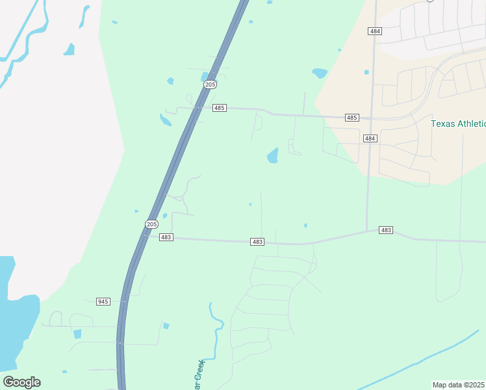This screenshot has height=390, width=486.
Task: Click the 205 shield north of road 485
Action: tap(210, 84)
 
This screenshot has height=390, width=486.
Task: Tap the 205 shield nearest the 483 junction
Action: tap(151, 224)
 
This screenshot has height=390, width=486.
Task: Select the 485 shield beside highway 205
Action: tap(220, 108)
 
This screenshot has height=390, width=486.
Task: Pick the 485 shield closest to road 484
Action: tap(352, 118)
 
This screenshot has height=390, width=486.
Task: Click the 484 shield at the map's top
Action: tap(374, 31)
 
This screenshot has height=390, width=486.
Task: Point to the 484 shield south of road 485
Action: tap(370, 138)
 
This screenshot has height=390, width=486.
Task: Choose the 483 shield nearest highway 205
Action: tap(166, 237)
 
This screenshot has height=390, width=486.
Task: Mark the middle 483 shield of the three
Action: tap(257, 242)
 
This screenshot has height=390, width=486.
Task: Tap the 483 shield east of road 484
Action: tap(386, 230)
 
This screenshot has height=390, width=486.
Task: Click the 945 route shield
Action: tap(103, 302)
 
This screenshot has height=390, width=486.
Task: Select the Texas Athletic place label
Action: tap(458, 123)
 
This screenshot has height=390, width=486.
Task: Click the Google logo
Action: tap(21, 382)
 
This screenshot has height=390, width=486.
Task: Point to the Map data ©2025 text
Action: tap(459, 385)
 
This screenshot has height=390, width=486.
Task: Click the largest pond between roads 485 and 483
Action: tap(272, 156)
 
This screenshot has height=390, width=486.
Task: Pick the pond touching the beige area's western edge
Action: tap(319, 73)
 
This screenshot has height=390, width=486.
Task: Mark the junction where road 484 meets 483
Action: tap(367, 231)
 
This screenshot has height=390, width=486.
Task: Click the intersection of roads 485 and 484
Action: tap(370, 118)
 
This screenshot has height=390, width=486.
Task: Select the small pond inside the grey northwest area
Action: tap(69, 49)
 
